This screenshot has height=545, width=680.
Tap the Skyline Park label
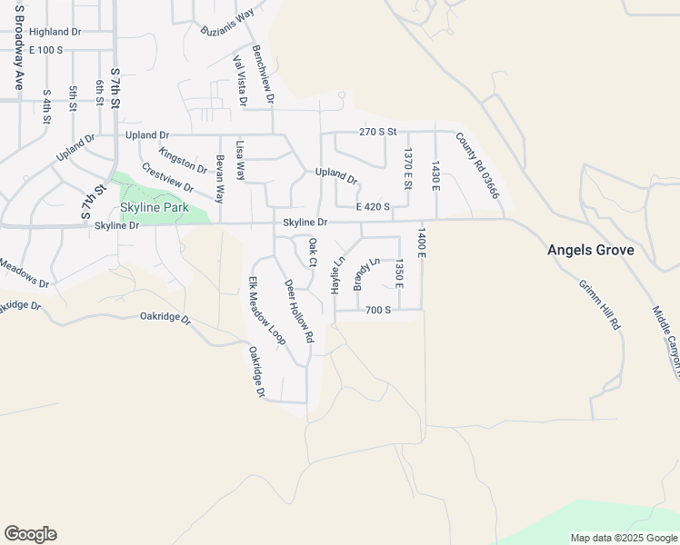[x=155, y=207]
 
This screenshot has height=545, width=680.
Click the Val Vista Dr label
[x=240, y=81]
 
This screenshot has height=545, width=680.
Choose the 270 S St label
[x=378, y=132]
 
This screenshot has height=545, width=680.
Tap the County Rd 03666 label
[x=477, y=164]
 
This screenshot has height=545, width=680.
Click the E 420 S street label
[x=373, y=206]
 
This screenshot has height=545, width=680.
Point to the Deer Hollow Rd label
[x=299, y=311]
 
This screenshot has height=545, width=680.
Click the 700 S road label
[x=377, y=310]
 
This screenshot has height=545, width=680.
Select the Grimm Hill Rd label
[x=600, y=303]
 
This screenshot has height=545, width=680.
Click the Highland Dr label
[x=55, y=31]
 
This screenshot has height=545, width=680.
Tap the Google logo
[x=30, y=534]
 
